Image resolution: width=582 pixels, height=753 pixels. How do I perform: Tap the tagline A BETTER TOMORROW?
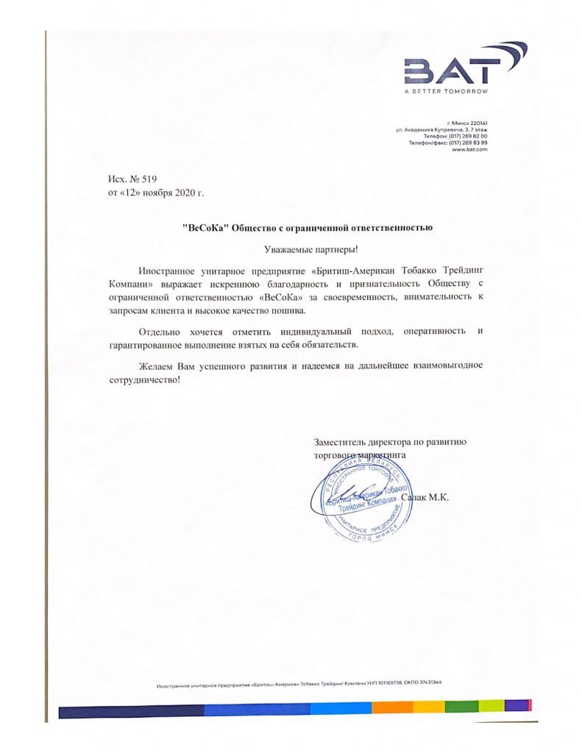point(445,92)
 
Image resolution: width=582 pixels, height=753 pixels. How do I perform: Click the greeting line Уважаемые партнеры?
point(305,249)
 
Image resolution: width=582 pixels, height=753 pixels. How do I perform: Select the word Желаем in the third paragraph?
point(157,365)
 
